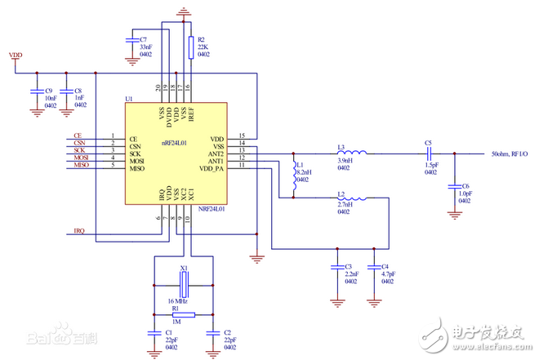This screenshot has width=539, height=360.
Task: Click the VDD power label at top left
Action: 16,55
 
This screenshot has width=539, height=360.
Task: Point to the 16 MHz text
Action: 180,301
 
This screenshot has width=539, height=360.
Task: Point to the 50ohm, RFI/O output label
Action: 510,153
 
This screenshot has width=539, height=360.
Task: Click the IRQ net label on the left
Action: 78,231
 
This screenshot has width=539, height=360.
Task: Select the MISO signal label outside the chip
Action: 81,166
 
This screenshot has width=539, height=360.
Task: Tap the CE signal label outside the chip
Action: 78,136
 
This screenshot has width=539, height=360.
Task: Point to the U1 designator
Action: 128,99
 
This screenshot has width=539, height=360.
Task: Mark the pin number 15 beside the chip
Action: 242,135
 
